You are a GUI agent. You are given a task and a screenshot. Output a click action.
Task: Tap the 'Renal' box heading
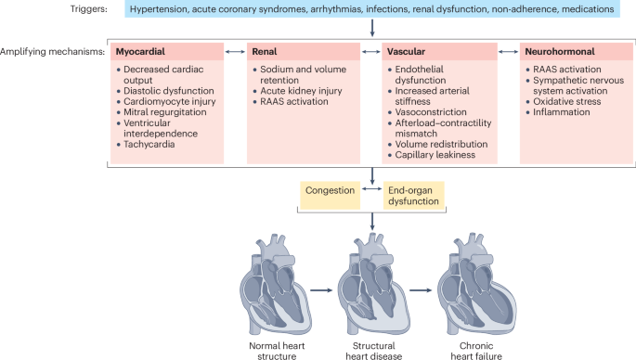click(270, 52)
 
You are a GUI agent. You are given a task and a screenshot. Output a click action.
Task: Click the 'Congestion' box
click(331, 190)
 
